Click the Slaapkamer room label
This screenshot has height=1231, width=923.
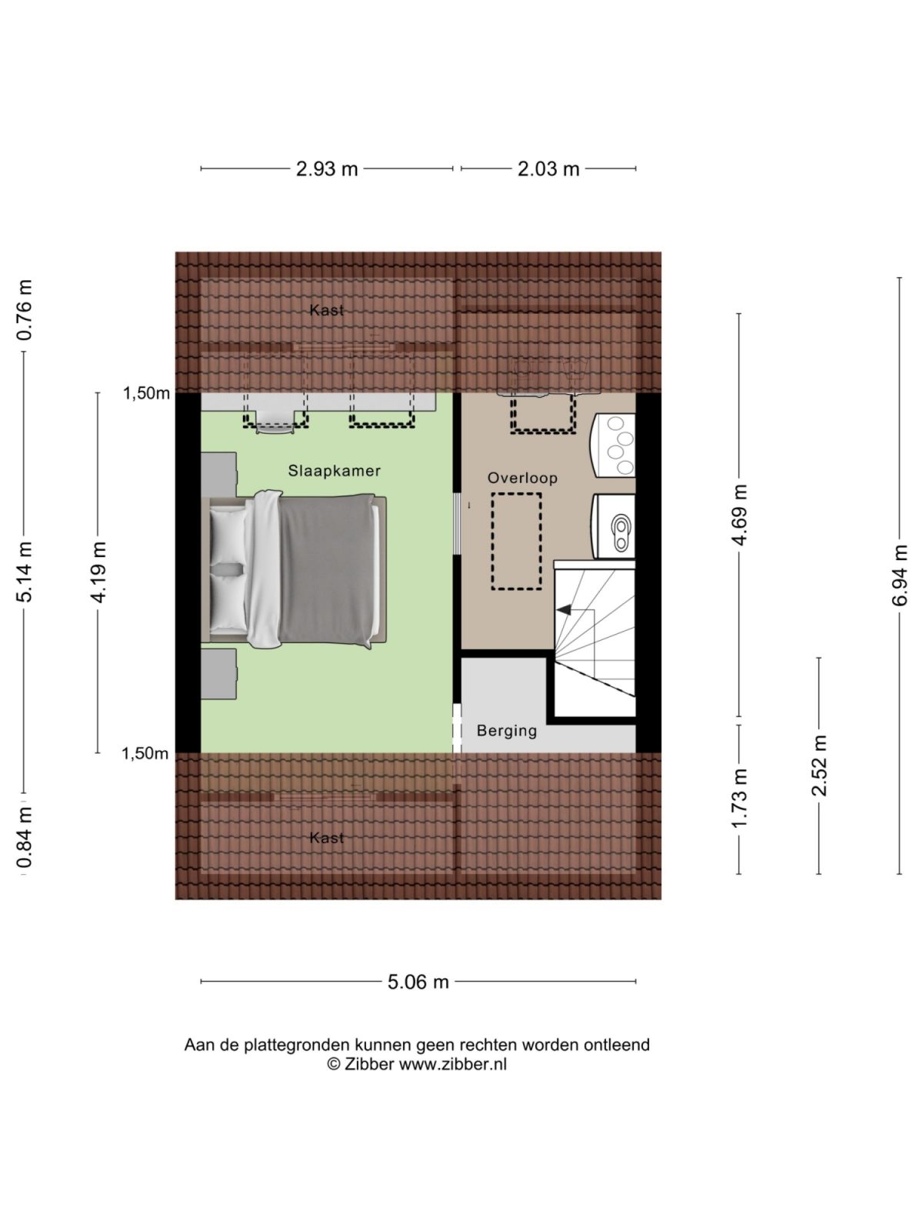coord(334,471)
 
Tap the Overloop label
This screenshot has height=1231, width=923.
coord(522,478)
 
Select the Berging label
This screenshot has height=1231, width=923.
coord(506,730)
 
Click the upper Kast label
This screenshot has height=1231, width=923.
coord(326,310)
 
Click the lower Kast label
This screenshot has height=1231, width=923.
coord(326,838)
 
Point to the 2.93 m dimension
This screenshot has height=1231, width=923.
coord(327,168)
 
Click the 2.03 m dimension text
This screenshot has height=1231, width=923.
coord(548,168)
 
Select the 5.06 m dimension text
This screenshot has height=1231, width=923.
coord(418,982)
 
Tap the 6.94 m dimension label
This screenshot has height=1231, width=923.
coord(900,575)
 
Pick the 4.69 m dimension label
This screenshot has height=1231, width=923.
coord(739,515)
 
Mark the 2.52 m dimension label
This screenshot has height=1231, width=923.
coord(819,766)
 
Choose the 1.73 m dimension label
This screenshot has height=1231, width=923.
coord(739,798)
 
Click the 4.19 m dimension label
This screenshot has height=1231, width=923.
coord(98,572)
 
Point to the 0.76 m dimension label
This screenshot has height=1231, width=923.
coord(25,309)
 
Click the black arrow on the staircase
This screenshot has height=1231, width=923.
coord(565,610)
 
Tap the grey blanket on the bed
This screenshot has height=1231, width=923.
coord(327,569)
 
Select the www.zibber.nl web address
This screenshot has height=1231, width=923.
coord(452,1065)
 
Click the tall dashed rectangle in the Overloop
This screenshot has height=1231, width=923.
coord(516,541)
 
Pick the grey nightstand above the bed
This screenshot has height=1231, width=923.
coord(218,474)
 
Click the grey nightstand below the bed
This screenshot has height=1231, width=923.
coord(218,673)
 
